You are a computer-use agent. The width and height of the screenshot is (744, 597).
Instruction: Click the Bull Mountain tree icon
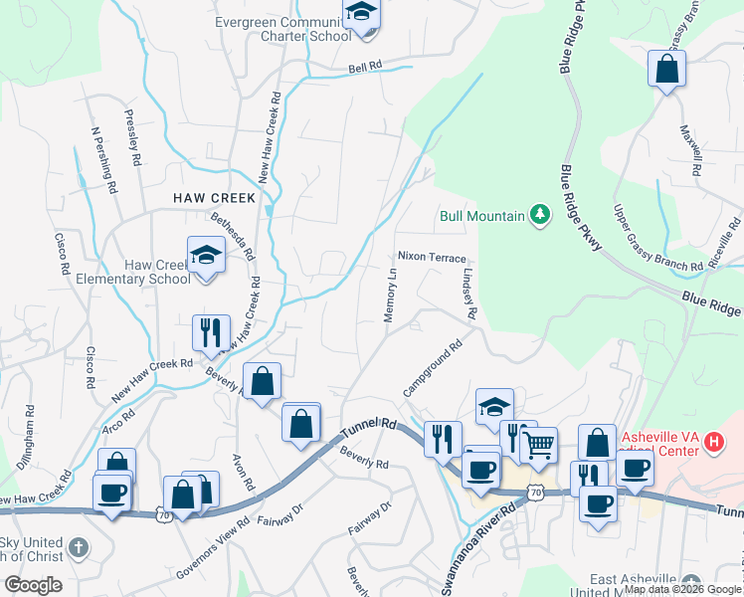(x=540, y=214)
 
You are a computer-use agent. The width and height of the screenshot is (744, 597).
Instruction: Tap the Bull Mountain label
(x=483, y=215)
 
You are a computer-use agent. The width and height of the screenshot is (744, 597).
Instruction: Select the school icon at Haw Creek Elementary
(x=206, y=256)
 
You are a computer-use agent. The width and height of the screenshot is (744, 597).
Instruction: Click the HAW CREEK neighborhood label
(x=215, y=198)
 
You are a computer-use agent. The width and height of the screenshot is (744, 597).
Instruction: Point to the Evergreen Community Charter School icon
(x=361, y=14)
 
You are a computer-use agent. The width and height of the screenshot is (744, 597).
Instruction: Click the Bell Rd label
(x=365, y=67)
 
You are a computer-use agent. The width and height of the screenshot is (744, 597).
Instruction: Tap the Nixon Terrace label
(x=432, y=257)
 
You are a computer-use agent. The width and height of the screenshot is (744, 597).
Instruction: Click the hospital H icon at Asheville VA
(x=713, y=441)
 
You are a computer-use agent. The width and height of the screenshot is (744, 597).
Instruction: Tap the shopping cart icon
(x=538, y=445)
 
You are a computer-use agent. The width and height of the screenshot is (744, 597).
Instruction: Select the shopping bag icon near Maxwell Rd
(x=666, y=70)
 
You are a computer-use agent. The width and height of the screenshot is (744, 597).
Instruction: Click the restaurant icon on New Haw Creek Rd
(x=211, y=332)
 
